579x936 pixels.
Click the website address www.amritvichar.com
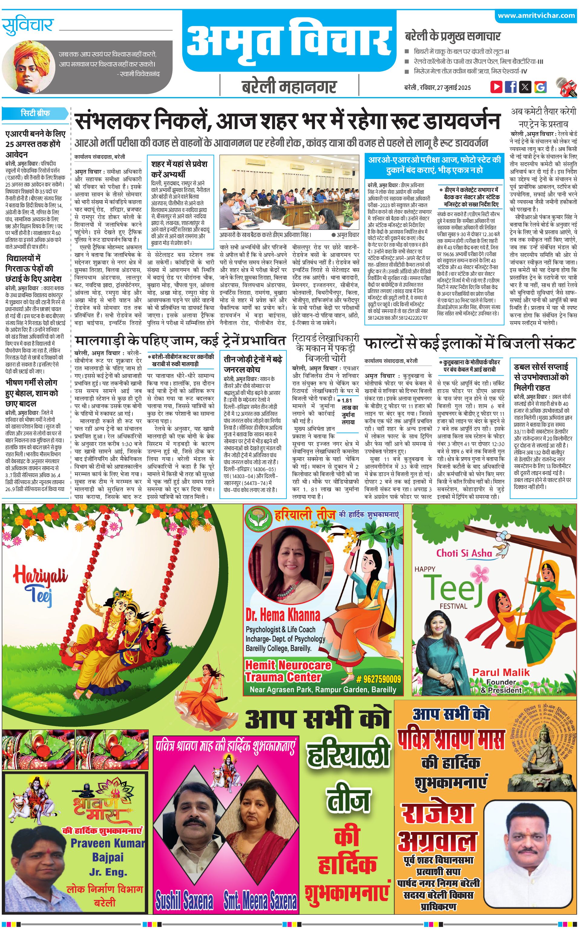click(x=536, y=16)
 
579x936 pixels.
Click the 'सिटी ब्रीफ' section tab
click(x=35, y=113)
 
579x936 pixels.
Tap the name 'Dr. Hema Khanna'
click(x=283, y=615)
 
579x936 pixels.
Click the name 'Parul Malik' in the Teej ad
click(x=501, y=672)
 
